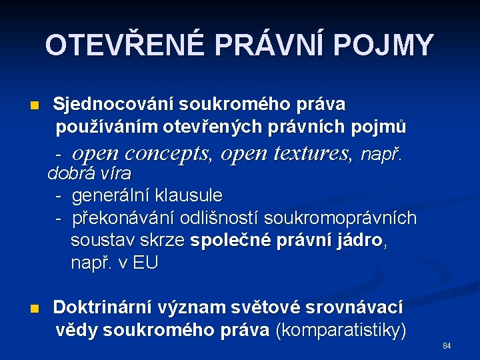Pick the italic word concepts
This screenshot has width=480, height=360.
tap(167, 155)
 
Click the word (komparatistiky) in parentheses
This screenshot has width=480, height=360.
tap(340, 330)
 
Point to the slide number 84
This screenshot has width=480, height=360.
tap(447, 346)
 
